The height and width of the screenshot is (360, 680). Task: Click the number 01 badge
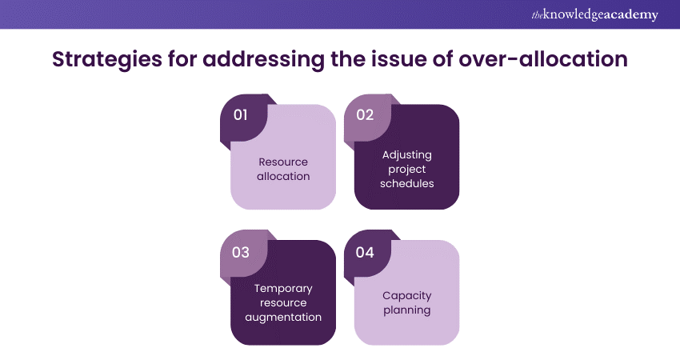pyautogui.click(x=241, y=114)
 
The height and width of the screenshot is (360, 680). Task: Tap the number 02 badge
pyautogui.click(x=365, y=114)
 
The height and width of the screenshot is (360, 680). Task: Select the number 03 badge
pyautogui.click(x=241, y=252)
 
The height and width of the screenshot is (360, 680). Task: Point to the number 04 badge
pyautogui.click(x=365, y=252)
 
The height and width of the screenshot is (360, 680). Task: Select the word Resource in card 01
pyautogui.click(x=283, y=162)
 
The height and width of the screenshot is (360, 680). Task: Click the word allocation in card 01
pyautogui.click(x=283, y=176)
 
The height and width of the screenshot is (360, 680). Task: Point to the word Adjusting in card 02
pyautogui.click(x=406, y=154)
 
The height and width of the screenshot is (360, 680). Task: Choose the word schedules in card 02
pyautogui.click(x=406, y=183)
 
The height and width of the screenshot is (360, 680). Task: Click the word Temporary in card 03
pyautogui.click(x=283, y=289)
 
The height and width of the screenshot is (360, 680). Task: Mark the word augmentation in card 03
pyautogui.click(x=283, y=317)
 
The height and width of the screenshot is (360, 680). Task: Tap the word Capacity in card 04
pyautogui.click(x=406, y=295)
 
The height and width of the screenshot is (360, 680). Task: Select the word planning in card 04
pyautogui.click(x=406, y=310)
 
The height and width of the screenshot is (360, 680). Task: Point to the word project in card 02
pyautogui.click(x=406, y=169)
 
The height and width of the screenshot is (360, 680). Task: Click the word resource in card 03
pyautogui.click(x=283, y=303)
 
